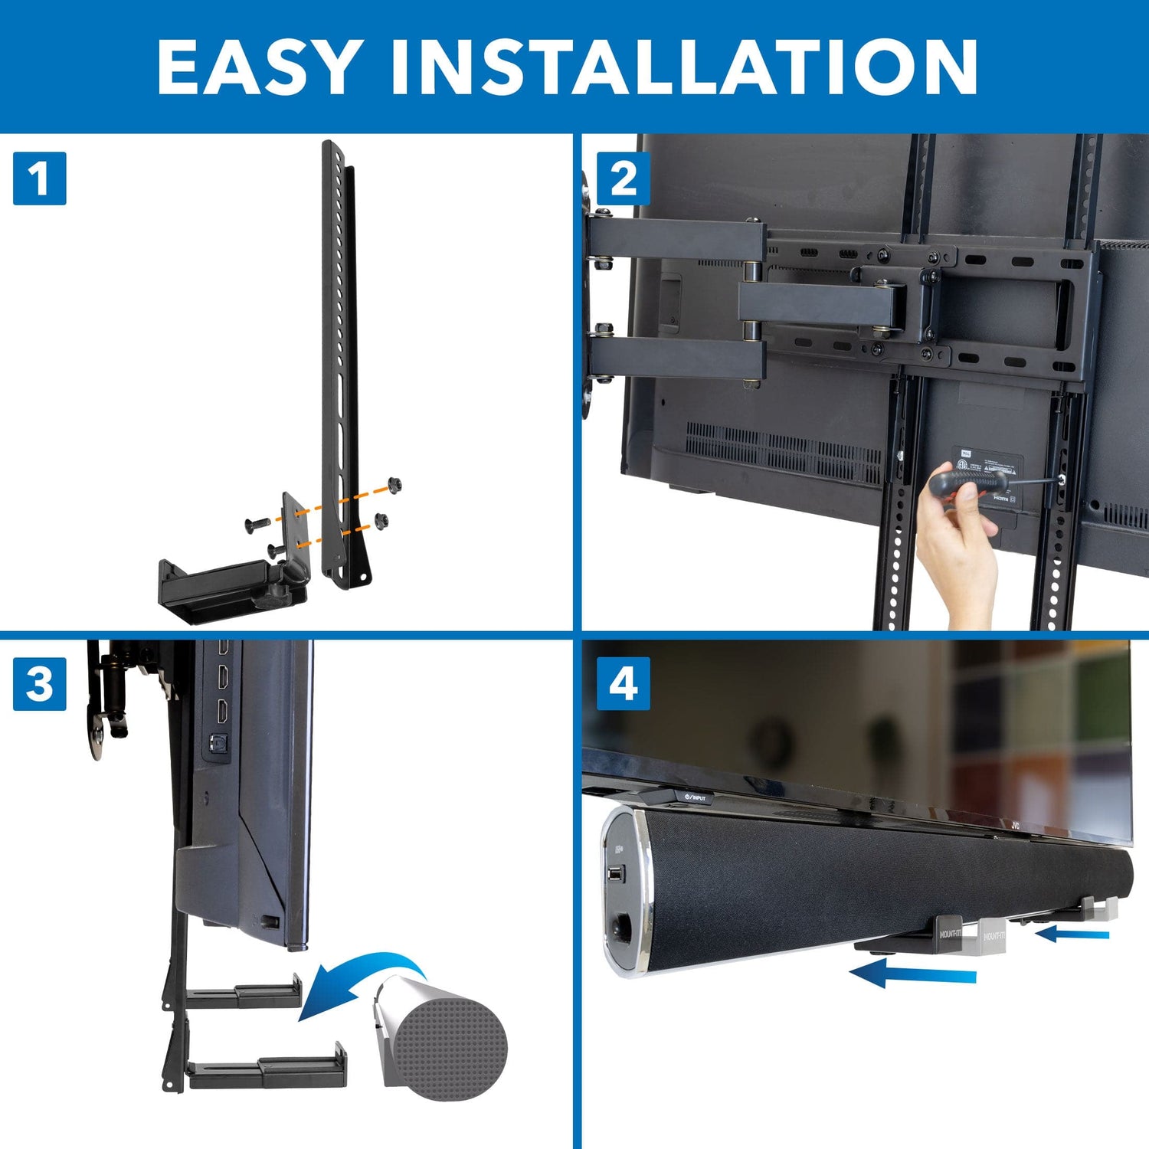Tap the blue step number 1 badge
click(x=40, y=178)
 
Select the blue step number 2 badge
click(x=623, y=178)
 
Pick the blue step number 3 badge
click(x=40, y=683)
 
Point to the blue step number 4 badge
click(x=623, y=683)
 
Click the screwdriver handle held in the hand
click(x=967, y=482)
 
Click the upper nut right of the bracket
click(x=394, y=485)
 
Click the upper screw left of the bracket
click(x=255, y=525)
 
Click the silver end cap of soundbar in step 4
click(x=624, y=892)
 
